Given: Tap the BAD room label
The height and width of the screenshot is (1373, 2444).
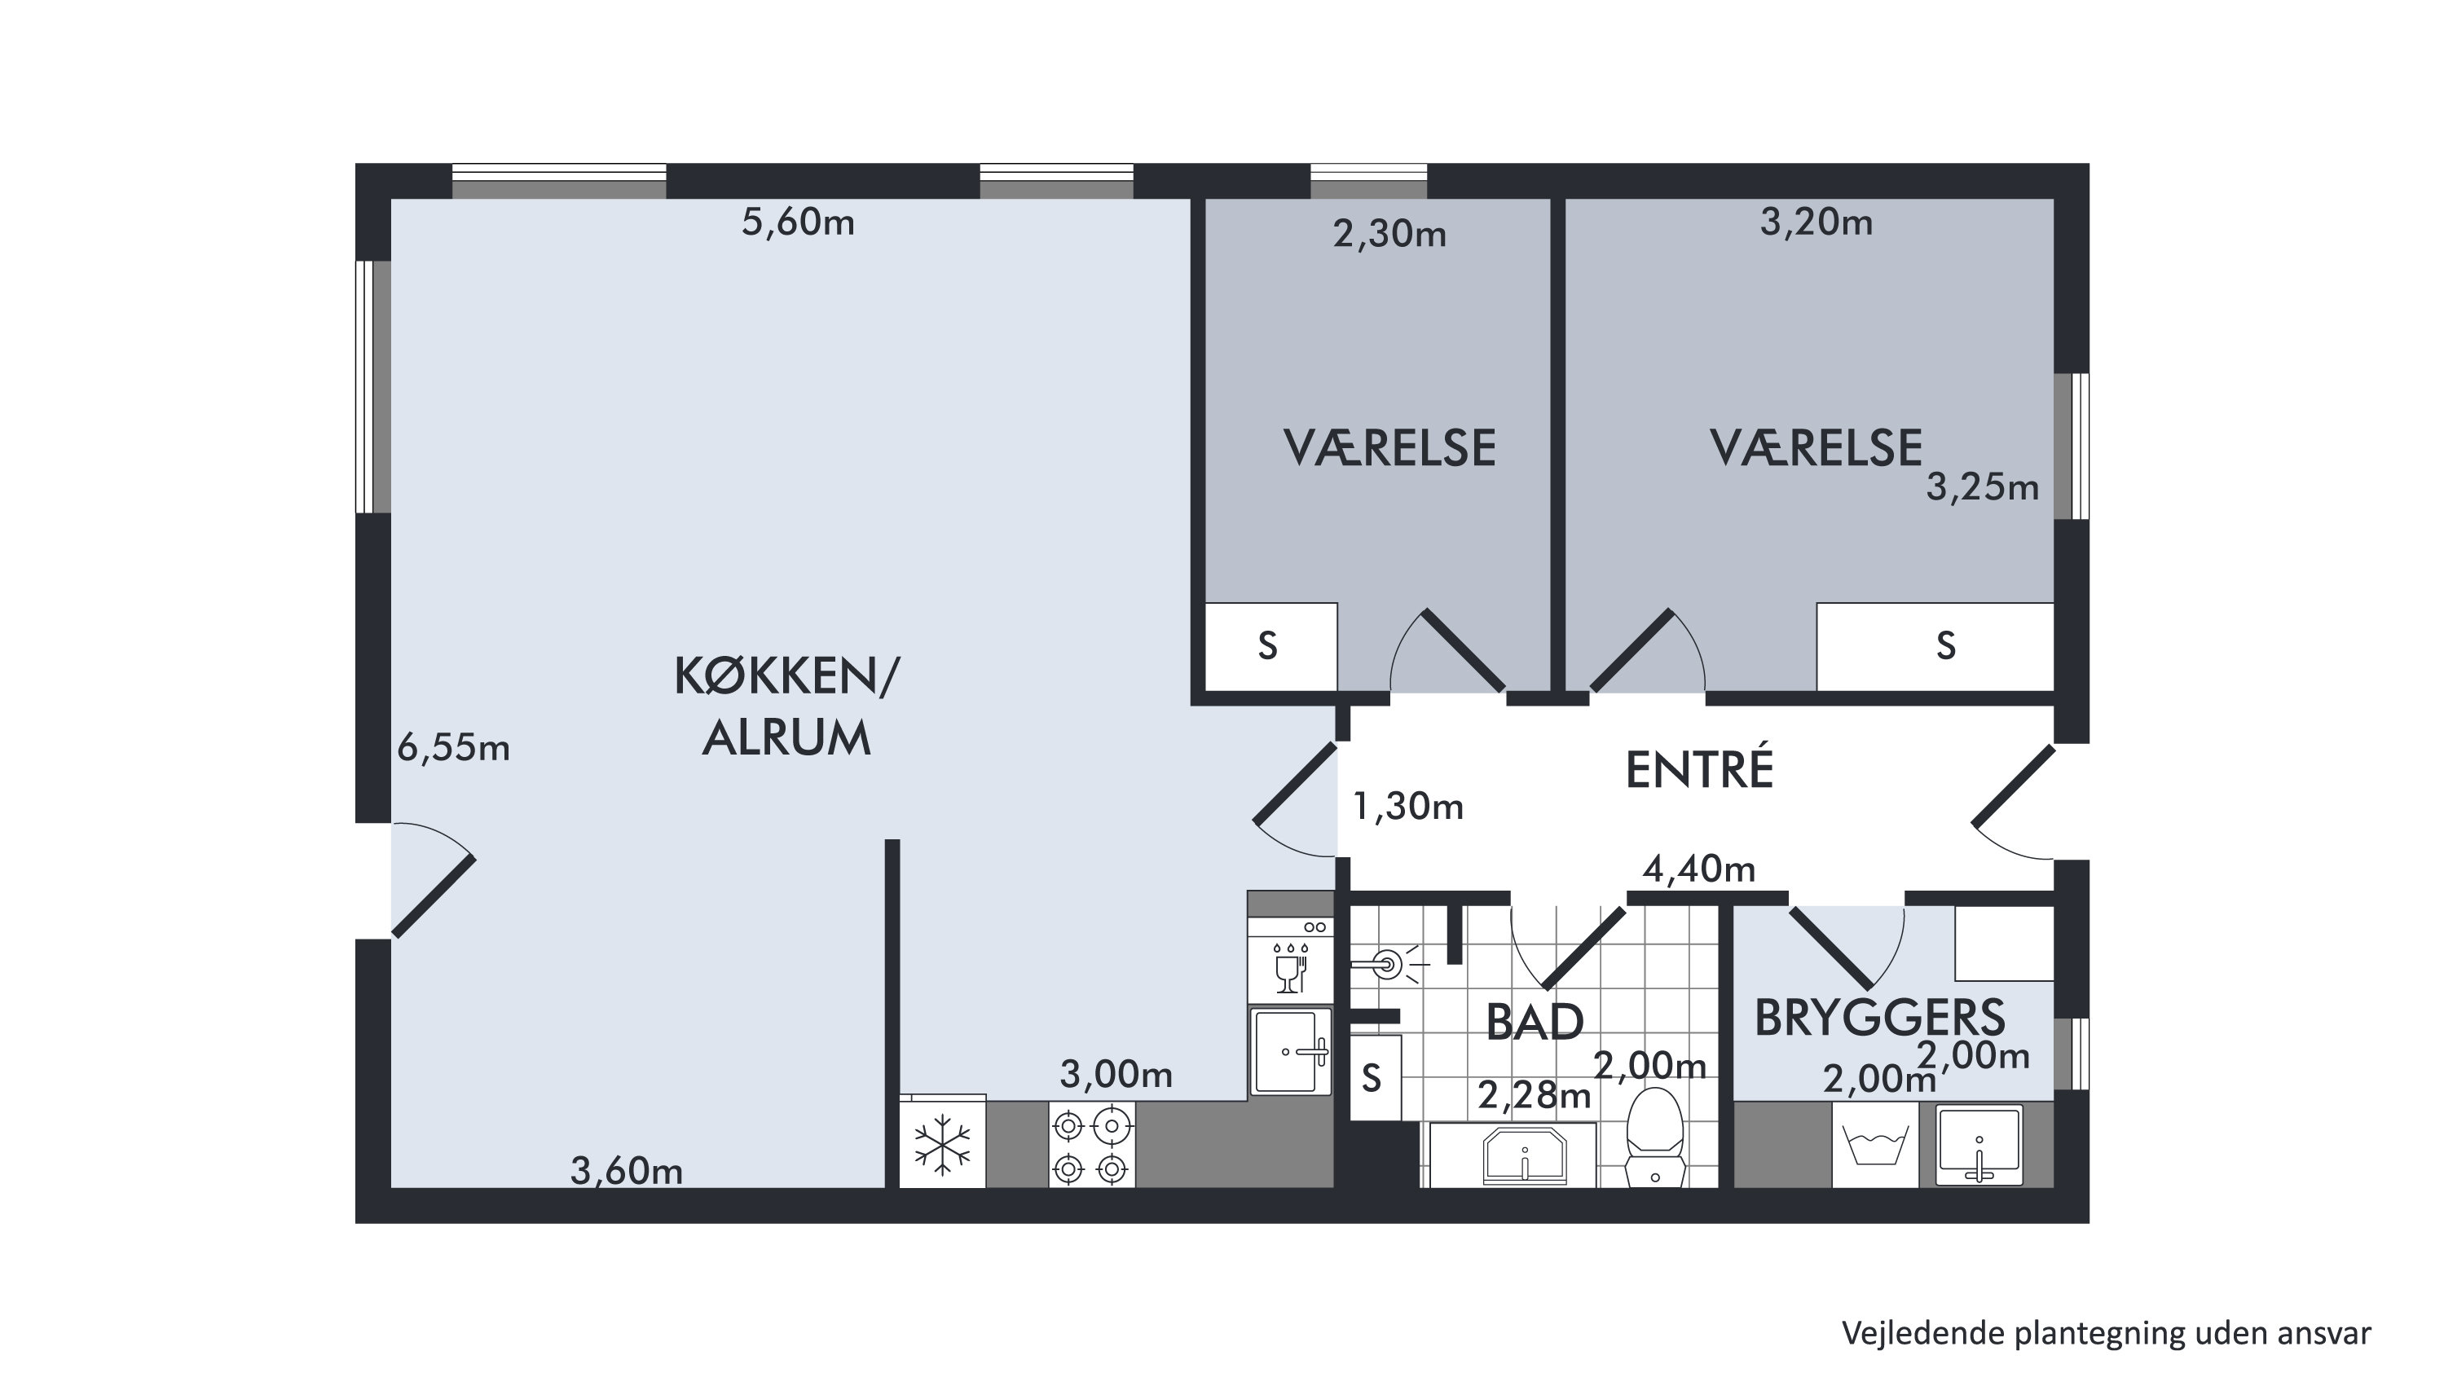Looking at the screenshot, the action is (1535, 1023).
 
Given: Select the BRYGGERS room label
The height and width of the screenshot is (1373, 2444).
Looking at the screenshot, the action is (1879, 1017).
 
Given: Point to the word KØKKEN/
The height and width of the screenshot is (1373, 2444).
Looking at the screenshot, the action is (786, 677).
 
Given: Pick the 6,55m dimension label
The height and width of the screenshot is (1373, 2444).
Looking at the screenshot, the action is (453, 748).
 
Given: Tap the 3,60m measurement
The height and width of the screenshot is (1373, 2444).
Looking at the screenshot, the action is (626, 1171).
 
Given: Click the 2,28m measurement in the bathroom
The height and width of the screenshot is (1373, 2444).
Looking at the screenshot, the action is (1535, 1096).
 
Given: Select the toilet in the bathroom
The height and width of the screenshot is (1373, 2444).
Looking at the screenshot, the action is (1654, 1137).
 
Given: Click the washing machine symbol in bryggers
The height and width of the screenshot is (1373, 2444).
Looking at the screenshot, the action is (1874, 1146).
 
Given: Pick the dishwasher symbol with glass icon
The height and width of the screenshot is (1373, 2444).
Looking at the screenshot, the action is (1290, 959).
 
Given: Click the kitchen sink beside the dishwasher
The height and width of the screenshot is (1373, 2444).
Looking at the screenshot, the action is (1290, 1051).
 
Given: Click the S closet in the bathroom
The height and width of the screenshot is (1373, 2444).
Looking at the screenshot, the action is (1375, 1078).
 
